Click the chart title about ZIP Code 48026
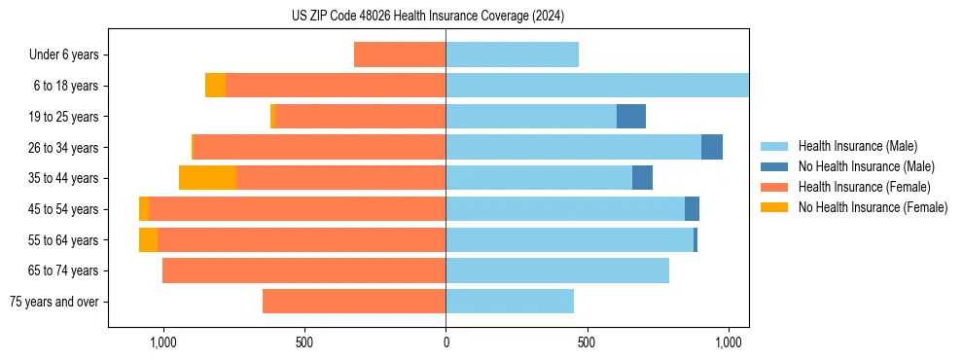(428, 17)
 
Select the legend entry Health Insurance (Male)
(856, 146)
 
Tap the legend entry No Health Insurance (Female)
(873, 207)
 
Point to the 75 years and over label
(53, 302)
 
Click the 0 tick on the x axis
(446, 342)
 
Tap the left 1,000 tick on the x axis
(162, 342)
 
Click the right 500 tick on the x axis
(587, 342)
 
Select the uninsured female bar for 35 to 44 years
(207, 178)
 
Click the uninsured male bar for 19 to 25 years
(631, 116)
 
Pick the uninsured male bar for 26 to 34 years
(712, 147)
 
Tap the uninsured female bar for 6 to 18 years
(215, 86)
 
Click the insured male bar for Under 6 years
(512, 54)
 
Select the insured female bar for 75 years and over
(354, 302)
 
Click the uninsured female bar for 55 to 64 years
(148, 239)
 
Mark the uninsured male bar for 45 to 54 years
(692, 208)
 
